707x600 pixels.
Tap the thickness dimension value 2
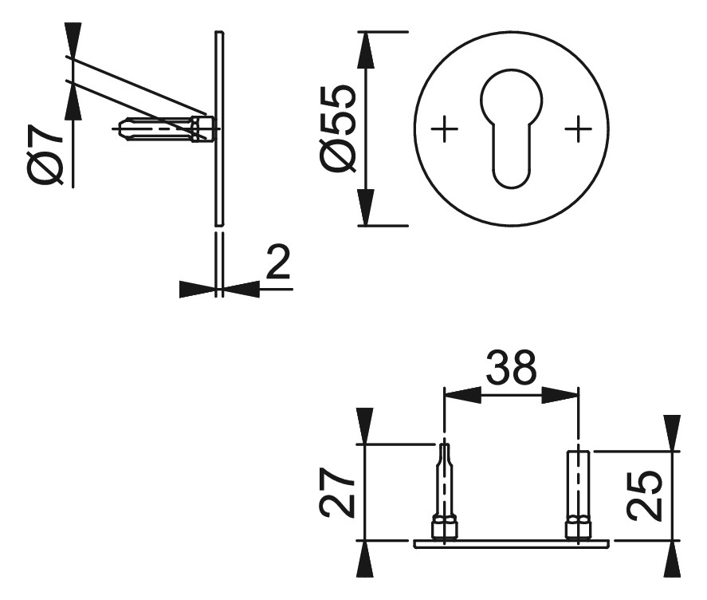pos(277,263)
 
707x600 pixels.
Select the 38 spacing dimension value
pos(511,369)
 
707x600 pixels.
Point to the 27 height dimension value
pos(338,494)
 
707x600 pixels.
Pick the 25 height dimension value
pos(643,495)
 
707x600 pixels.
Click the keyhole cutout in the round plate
pos(511,128)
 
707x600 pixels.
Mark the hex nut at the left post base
pos(444,528)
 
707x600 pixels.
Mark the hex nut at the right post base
pos(578,528)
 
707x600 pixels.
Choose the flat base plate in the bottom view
pos(511,543)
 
